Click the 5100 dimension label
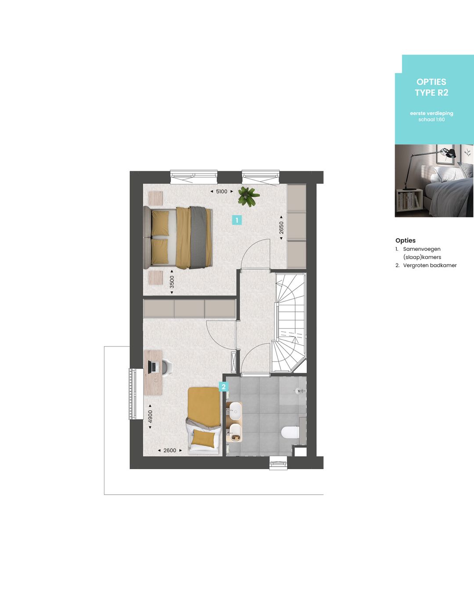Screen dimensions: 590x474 [222, 192]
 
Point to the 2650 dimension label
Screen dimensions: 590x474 [281, 228]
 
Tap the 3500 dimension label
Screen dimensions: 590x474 [172, 282]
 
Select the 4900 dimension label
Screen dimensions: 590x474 [150, 416]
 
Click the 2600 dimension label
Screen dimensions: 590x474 [169, 450]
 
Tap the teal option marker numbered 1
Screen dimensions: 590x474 [237, 220]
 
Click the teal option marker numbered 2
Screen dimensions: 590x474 [224, 387]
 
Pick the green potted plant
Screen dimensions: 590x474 [248, 196]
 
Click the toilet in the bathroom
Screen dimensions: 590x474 [290, 433]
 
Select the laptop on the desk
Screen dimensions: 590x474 [153, 367]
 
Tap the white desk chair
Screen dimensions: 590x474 [167, 367]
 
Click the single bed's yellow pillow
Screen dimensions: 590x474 [204, 438]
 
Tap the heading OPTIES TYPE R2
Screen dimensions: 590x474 [431, 87]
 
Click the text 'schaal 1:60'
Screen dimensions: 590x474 [431, 119]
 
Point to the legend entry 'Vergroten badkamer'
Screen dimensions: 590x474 [430, 265]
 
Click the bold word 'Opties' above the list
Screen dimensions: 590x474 [405, 240]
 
